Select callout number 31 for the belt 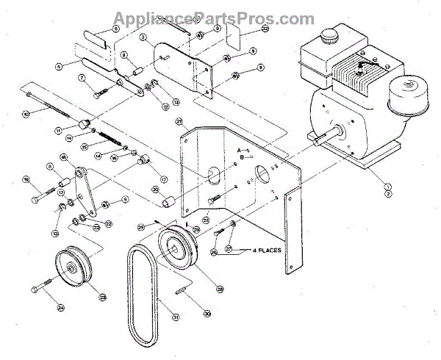tap(176, 317)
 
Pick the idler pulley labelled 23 tap(72, 267)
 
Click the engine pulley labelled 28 tap(176, 246)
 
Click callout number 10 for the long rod tap(26, 113)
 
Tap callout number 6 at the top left tap(115, 29)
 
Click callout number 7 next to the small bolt tap(82, 78)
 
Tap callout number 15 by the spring tap(85, 147)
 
